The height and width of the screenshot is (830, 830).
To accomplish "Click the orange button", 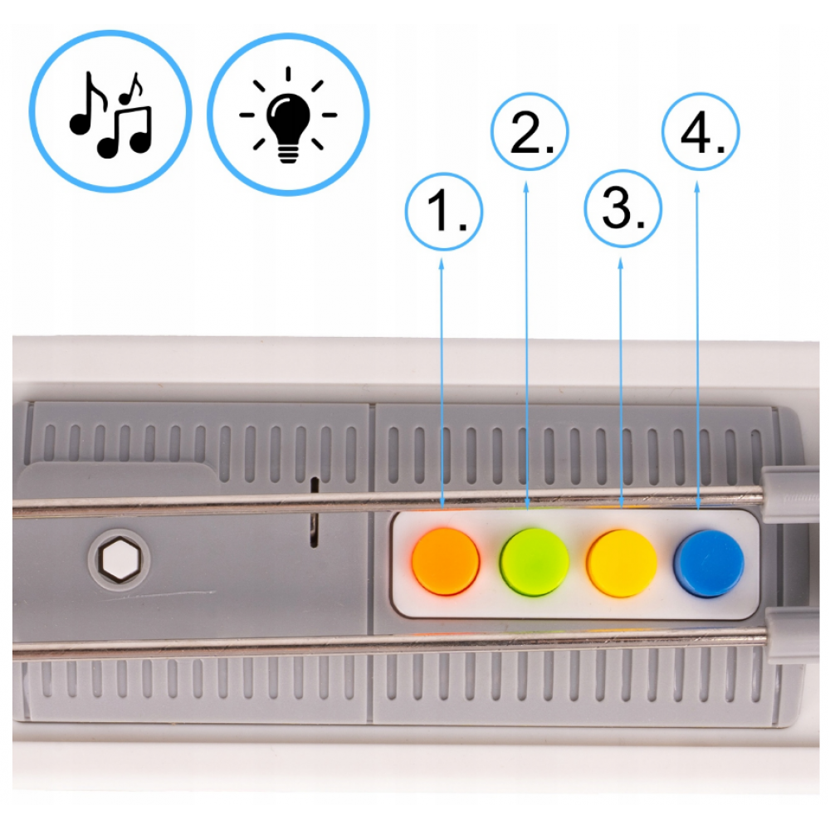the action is pyautogui.click(x=446, y=562).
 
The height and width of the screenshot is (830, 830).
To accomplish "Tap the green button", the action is pyautogui.click(x=534, y=562).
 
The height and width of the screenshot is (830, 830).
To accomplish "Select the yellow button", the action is pyautogui.click(x=622, y=563).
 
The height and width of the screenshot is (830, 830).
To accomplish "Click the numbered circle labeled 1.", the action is pyautogui.click(x=443, y=211).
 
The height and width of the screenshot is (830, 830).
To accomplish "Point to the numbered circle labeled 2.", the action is pyautogui.click(x=530, y=131).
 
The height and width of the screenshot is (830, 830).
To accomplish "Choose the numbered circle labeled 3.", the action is pyautogui.click(x=622, y=208).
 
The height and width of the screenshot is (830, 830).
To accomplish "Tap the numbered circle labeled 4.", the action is pyautogui.click(x=701, y=131).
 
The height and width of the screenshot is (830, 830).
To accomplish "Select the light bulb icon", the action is pyautogui.click(x=288, y=115).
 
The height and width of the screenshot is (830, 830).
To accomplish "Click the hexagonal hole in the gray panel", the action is pyautogui.click(x=120, y=559).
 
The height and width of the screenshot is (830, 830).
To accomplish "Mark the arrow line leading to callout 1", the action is pyautogui.click(x=442, y=383).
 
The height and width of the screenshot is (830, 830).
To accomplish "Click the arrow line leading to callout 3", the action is pyautogui.click(x=621, y=383).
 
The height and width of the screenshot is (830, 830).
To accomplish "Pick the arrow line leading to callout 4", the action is pyautogui.click(x=698, y=345).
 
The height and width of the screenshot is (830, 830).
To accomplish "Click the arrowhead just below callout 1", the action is pyautogui.click(x=442, y=263).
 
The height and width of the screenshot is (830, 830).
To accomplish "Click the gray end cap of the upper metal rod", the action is pyautogui.click(x=788, y=495).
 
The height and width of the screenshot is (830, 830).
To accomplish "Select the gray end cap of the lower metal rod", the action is pyautogui.click(x=791, y=635).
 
